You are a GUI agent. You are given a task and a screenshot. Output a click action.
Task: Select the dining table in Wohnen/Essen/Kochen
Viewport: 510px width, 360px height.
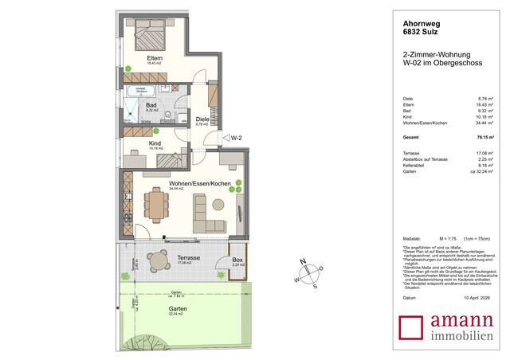[x=156, y=204]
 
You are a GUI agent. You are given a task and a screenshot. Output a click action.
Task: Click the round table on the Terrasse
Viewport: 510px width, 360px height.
[x=154, y=260]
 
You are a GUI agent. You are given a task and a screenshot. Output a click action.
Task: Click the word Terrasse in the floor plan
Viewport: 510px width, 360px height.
[x=188, y=259]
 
